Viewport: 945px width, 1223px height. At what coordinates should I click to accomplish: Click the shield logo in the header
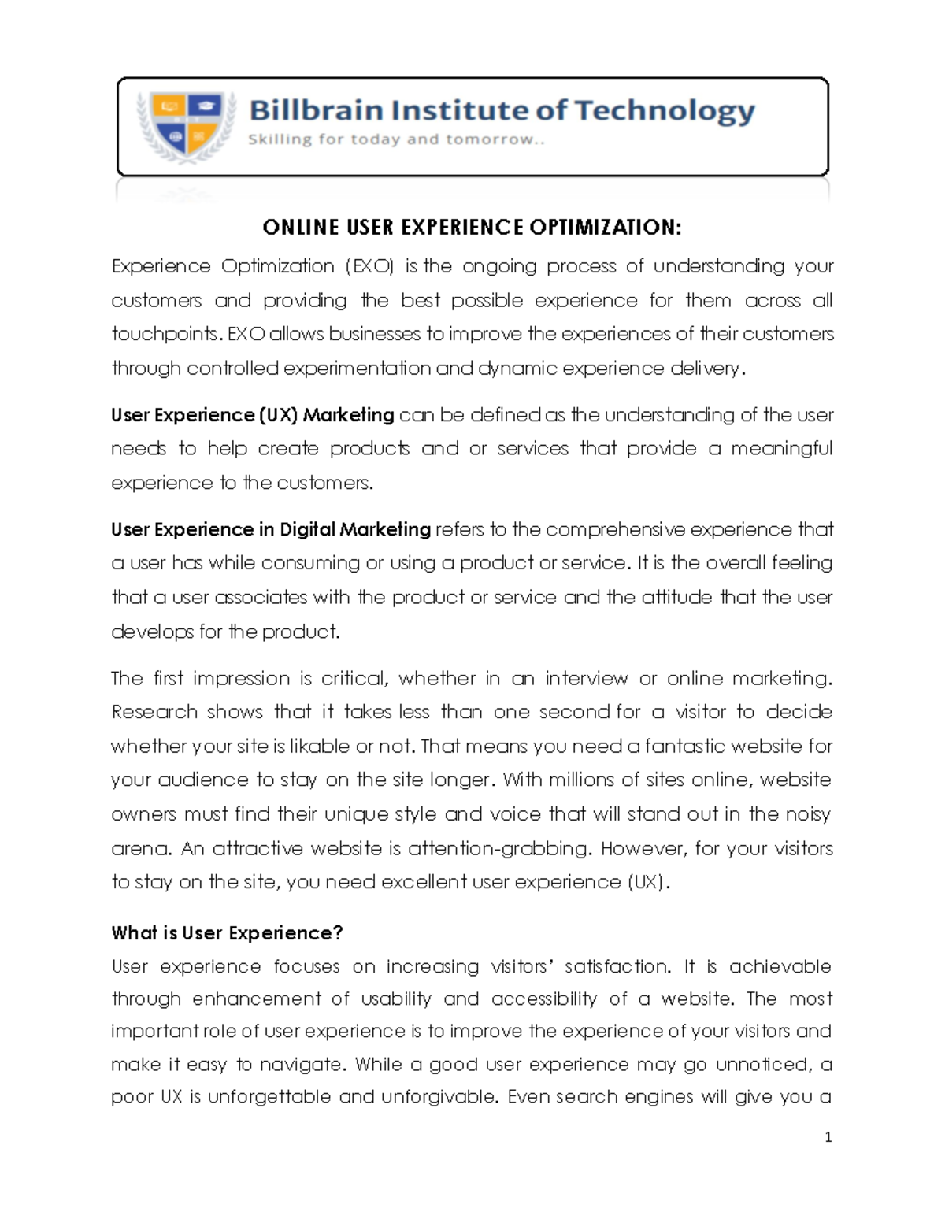tap(186, 126)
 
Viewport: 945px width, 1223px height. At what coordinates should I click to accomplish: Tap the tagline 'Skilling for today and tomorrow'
tap(396, 140)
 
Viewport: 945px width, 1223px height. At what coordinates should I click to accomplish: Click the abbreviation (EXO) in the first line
tap(370, 266)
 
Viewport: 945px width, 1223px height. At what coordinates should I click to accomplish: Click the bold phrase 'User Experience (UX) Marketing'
tap(253, 415)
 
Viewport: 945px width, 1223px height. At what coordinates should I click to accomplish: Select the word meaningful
tap(781, 449)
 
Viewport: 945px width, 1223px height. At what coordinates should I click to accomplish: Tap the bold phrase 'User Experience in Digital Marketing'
tap(271, 529)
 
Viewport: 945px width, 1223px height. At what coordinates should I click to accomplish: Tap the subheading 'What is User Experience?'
tap(227, 933)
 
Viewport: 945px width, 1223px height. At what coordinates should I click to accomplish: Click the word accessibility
tap(543, 999)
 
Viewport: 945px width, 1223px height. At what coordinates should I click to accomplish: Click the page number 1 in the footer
tap(828, 1137)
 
